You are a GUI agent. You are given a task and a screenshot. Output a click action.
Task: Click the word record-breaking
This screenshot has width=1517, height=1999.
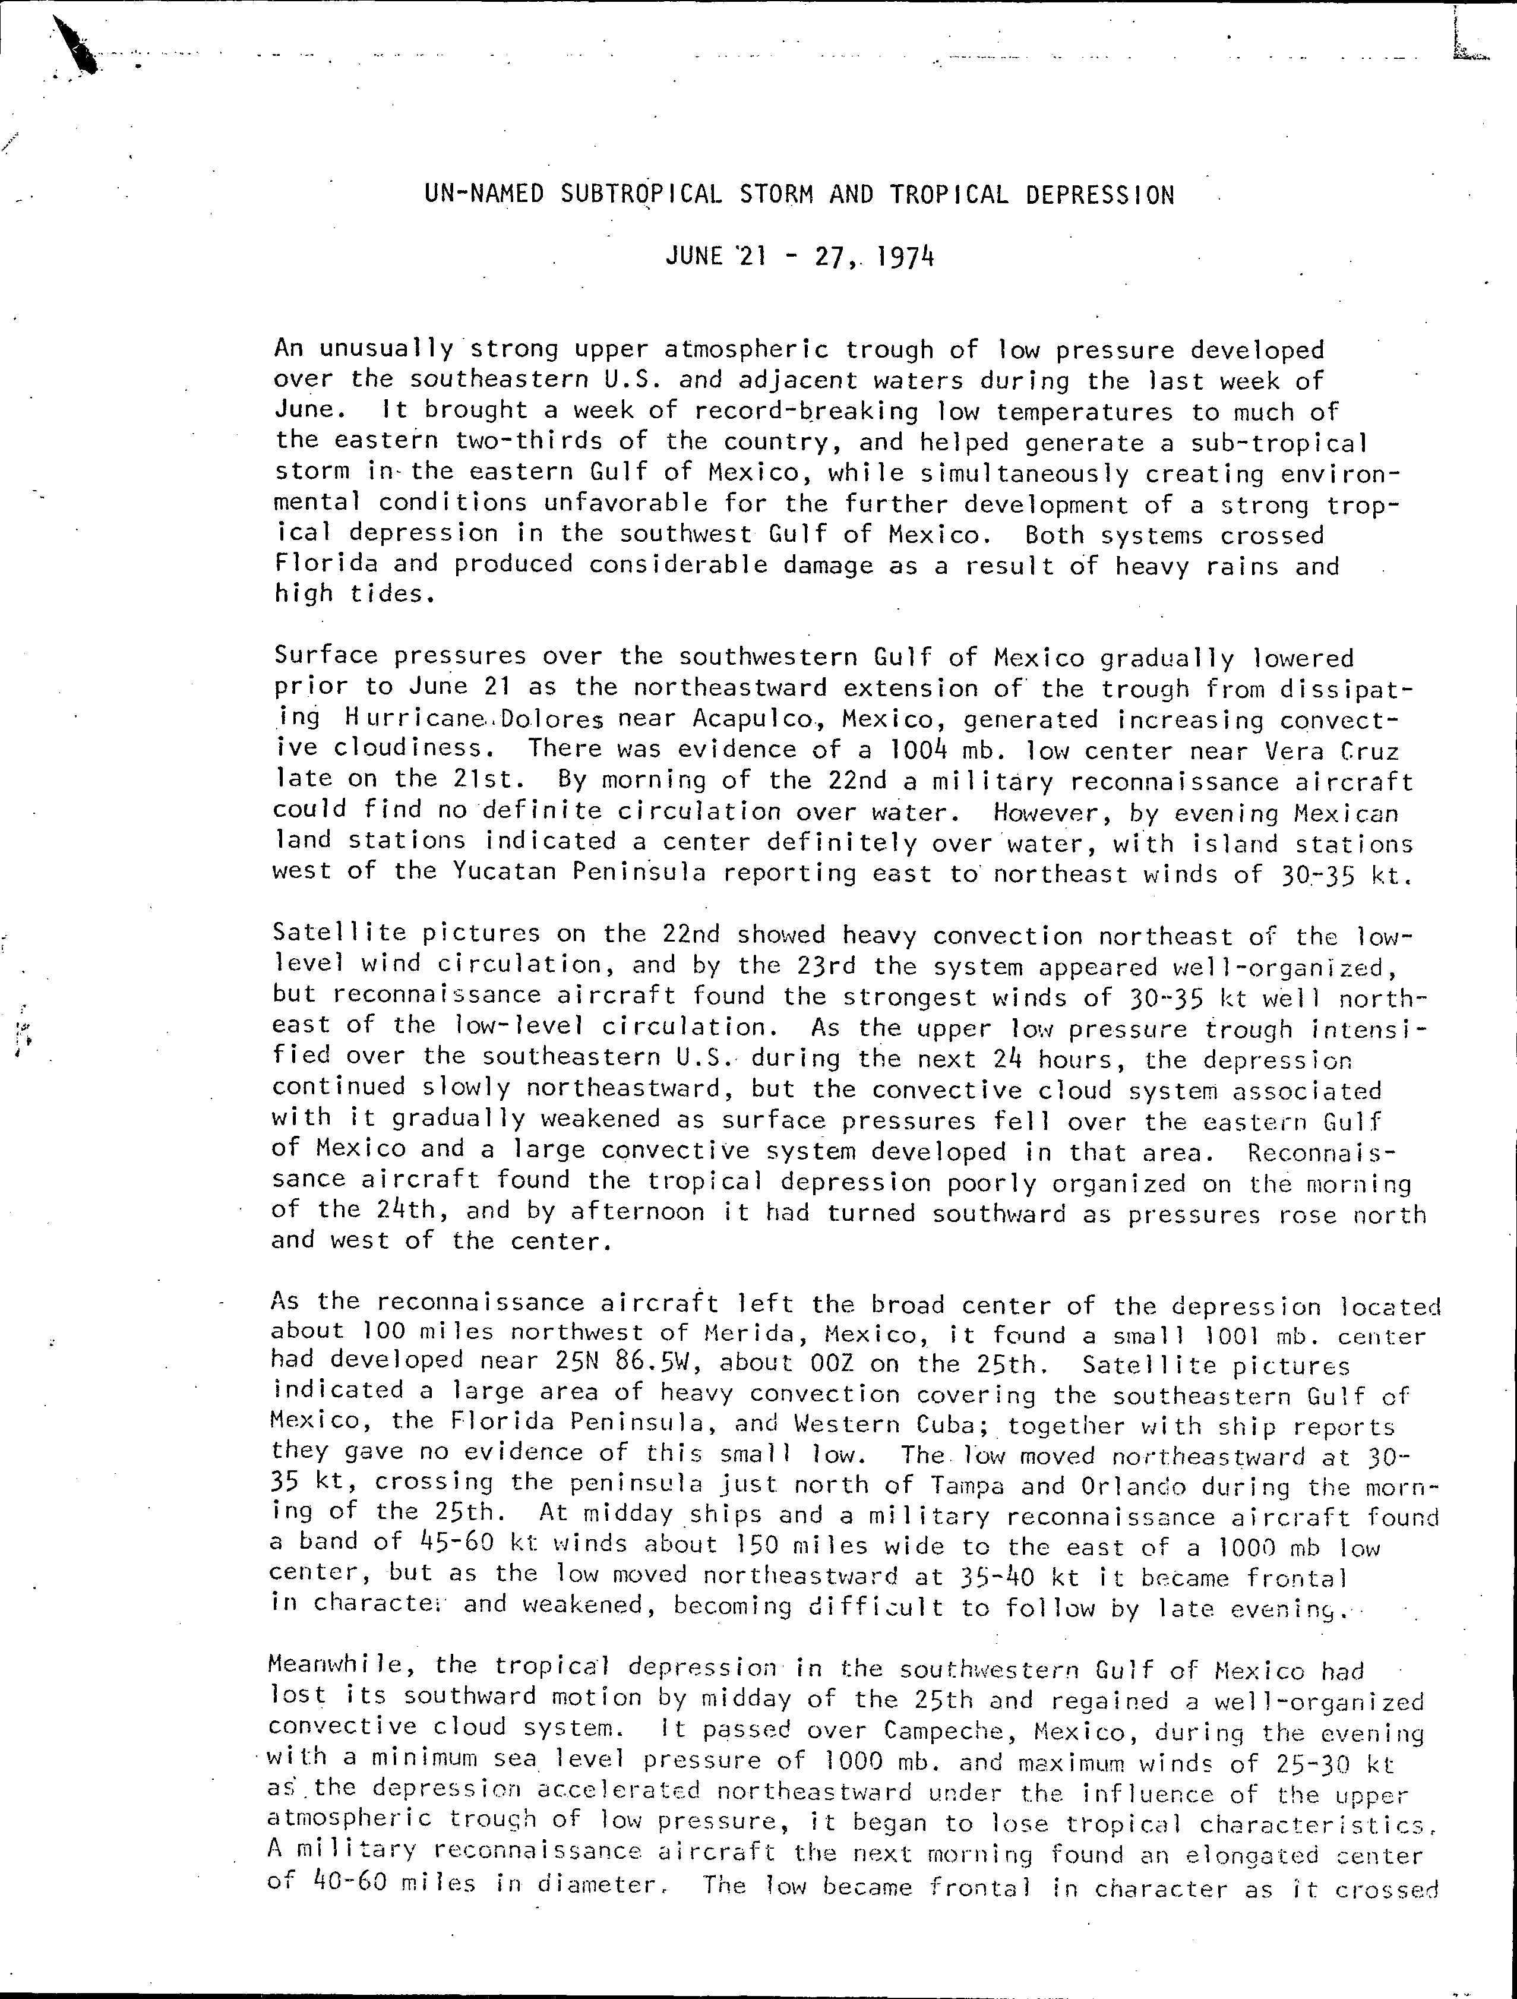[x=806, y=412]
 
